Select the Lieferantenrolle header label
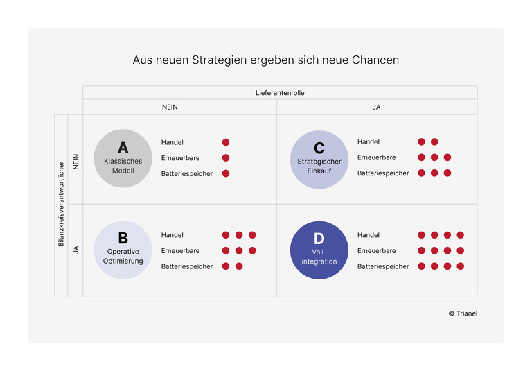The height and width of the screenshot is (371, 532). (280, 92)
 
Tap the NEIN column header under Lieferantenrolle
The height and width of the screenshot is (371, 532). (179, 107)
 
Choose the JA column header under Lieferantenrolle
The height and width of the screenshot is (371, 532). (376, 107)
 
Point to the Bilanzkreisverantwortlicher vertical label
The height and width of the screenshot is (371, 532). (61, 206)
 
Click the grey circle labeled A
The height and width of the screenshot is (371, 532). (123, 158)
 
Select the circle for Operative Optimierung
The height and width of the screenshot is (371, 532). (123, 250)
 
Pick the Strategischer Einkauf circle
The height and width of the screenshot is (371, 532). (319, 159)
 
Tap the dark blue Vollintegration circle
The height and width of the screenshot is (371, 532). (319, 250)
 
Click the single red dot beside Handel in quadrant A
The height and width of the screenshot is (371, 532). (226, 142)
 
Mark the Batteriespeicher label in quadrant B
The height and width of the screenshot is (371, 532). (187, 266)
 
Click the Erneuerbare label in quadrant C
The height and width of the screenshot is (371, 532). (376, 157)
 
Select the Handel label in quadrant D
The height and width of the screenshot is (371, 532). (369, 235)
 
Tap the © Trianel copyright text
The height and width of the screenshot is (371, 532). (463, 313)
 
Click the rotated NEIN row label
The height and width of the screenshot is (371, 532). (76, 161)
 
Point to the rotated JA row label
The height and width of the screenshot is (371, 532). (76, 249)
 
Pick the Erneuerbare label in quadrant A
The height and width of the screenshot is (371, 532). (180, 157)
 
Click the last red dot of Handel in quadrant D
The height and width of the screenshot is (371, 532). (461, 235)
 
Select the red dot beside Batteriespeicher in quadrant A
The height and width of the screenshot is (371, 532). (226, 173)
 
